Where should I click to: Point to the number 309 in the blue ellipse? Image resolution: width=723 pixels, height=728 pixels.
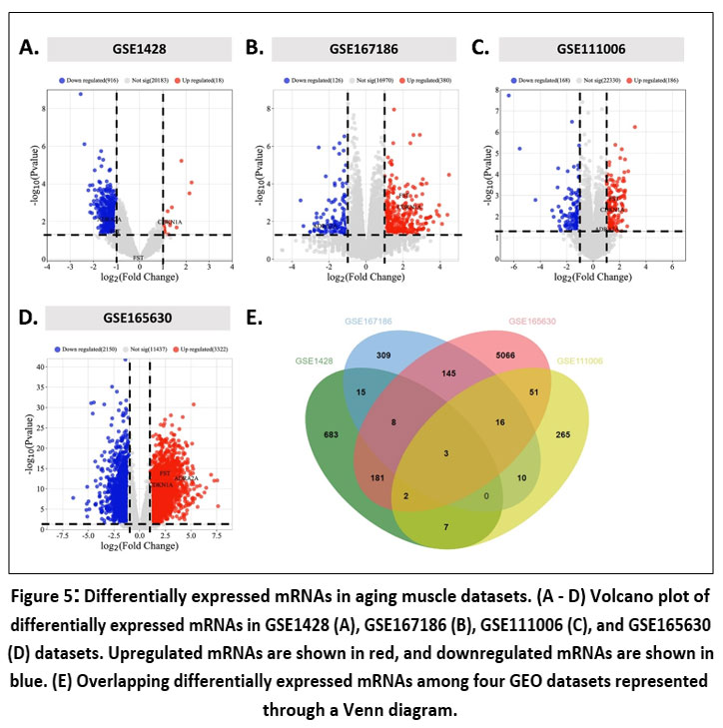pyautogui.click(x=383, y=355)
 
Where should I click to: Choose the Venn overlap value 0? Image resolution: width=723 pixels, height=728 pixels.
pyautogui.click(x=486, y=495)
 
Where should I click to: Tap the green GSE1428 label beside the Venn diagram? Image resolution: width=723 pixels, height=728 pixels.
pyautogui.click(x=316, y=359)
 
